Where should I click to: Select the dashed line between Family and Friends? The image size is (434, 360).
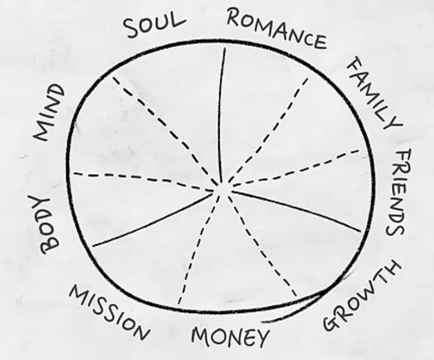(x=295, y=169)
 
